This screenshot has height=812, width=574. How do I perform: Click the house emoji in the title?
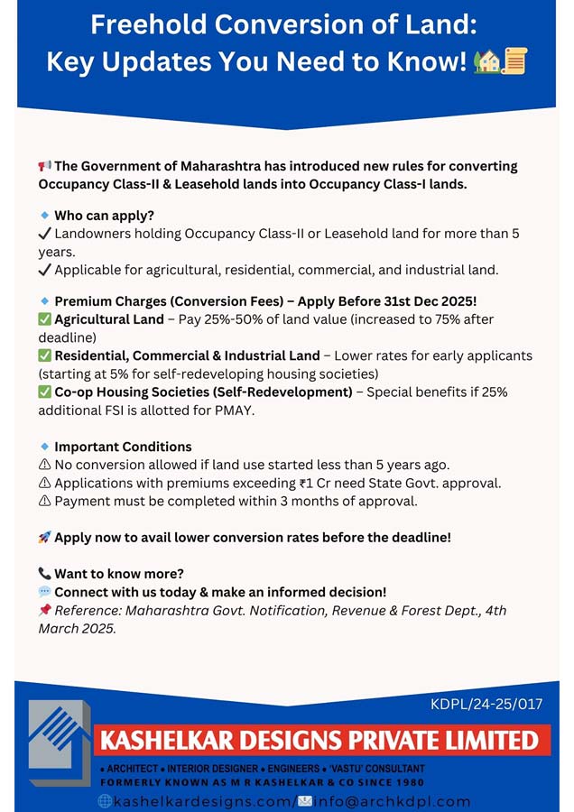tap(487, 62)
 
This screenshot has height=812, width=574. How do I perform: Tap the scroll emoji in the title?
tap(515, 62)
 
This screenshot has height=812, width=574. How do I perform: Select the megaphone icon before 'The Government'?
tap(44, 166)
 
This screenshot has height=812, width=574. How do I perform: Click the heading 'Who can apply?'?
tap(104, 216)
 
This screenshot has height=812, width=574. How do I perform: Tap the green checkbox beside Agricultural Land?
tap(44, 319)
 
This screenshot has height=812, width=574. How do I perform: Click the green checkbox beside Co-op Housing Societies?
tap(44, 392)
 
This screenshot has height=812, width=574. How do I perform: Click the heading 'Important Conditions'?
tap(123, 447)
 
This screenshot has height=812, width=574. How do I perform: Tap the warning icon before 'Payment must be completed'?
tap(44, 501)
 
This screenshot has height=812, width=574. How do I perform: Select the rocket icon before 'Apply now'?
tap(44, 538)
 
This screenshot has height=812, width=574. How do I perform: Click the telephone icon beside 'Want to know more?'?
tap(44, 574)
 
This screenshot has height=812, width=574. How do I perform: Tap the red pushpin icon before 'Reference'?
tap(44, 611)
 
